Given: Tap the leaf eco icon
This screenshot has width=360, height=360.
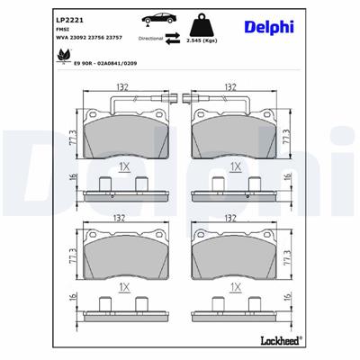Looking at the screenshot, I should (x=63, y=55).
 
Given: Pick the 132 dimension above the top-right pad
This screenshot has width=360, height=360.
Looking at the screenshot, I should (x=230, y=88).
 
